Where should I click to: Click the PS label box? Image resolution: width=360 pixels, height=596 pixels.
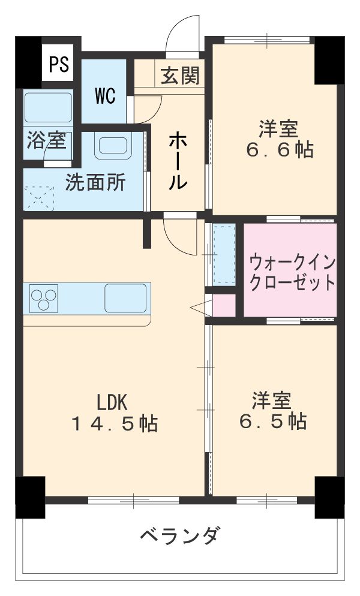59,65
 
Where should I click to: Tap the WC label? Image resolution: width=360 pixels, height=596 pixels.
105,97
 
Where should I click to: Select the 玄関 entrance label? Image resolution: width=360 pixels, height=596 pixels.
179,76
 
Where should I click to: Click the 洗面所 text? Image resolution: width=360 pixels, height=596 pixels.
95,183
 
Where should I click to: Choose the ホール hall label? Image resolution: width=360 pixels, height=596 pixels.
178,161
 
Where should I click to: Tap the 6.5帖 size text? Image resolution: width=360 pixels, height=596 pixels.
273,421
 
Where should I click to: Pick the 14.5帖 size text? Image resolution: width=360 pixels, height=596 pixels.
115,424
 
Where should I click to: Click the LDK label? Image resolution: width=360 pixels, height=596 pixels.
113,401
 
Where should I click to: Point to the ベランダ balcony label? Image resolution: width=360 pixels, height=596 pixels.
180,534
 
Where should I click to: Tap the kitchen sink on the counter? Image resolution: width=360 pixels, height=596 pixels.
126,297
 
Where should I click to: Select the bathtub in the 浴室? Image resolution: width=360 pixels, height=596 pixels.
47,109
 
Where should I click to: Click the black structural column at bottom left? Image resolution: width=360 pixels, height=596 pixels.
30,496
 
